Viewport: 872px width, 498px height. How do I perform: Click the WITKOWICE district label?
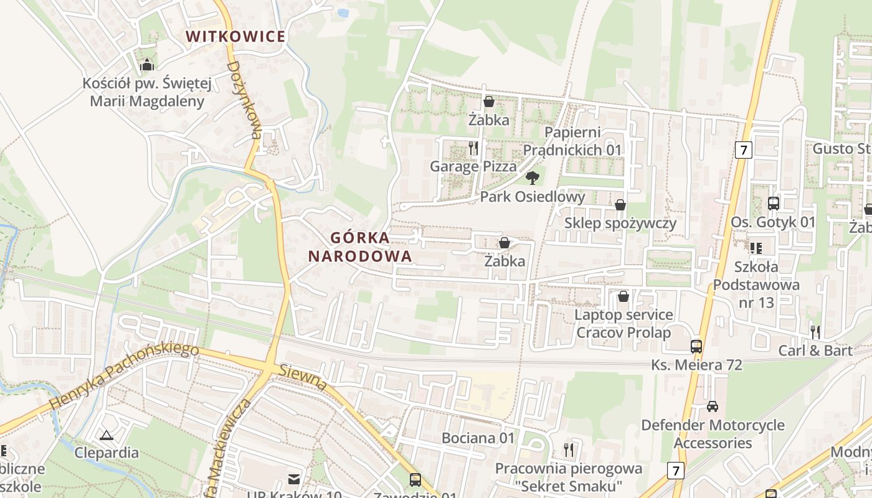coord(235,36)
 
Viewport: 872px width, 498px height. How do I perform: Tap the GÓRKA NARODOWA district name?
coord(360,247)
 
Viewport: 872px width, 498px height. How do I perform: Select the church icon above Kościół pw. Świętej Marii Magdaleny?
coord(147,65)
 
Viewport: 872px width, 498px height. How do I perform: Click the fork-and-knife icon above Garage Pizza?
coord(473,148)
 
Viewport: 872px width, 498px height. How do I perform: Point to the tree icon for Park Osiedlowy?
coord(532,179)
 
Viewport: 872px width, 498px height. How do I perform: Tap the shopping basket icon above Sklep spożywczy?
coord(620,205)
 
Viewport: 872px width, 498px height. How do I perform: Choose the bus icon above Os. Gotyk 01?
coord(773,203)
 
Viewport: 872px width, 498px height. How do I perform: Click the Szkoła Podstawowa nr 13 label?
coord(756,284)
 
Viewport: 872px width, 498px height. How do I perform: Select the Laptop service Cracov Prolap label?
coord(623,324)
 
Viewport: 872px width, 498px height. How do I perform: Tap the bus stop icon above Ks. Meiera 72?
coord(696,347)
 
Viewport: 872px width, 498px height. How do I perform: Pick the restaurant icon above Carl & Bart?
coord(815,332)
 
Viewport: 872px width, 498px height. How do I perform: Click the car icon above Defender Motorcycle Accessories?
coord(713,406)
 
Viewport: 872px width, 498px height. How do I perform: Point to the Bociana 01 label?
coord(478,438)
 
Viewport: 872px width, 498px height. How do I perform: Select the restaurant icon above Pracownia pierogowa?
coord(568,449)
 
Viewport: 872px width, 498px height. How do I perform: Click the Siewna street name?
coord(303,378)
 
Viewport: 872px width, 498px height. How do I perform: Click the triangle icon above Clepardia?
coord(107,435)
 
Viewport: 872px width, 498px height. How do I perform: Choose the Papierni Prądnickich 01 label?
coord(572,141)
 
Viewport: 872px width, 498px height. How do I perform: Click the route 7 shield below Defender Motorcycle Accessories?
coord(676,470)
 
